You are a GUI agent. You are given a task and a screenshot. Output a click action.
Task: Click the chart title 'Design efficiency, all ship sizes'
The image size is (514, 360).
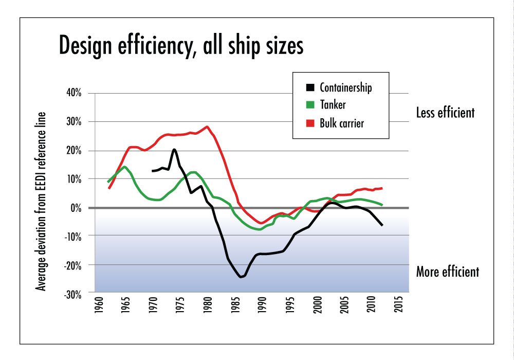point(181,46)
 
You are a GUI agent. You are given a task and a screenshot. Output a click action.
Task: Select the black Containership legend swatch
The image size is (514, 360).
point(309,87)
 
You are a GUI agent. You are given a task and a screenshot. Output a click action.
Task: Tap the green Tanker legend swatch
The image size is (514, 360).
point(309,105)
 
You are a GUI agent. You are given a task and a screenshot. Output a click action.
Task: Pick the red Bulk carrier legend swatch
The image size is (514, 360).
point(309,123)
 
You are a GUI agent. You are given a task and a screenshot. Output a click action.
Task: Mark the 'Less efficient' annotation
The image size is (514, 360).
point(445,113)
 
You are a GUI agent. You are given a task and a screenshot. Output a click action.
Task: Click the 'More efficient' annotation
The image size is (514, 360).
point(447,271)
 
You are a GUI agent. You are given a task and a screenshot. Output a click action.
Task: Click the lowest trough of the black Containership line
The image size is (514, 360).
point(241,277)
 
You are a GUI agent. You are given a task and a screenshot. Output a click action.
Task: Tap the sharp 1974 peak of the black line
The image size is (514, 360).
point(174,150)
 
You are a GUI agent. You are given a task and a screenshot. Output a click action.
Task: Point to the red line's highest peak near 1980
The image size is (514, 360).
point(207,127)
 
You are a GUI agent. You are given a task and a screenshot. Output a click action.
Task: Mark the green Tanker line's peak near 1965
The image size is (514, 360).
point(124,167)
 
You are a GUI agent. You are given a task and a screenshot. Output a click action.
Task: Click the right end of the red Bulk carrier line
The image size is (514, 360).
point(382,188)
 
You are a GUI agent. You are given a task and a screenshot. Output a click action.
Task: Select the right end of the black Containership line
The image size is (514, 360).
point(382,225)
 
